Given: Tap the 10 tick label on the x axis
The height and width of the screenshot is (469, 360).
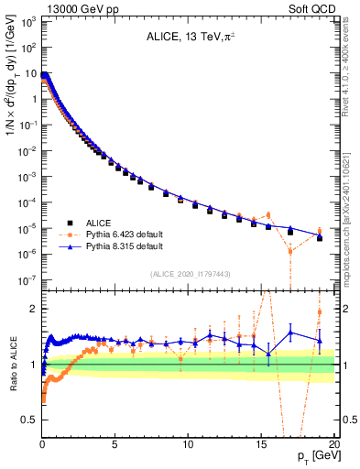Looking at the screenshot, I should click(x=189, y=444).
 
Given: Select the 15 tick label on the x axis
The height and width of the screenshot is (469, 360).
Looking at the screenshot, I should click(x=262, y=444).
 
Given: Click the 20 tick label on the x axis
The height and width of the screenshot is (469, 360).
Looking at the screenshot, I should click(x=335, y=444).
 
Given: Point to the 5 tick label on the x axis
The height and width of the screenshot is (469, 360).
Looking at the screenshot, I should click(x=115, y=444).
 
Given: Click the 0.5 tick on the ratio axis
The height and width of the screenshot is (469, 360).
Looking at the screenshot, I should click(x=28, y=420).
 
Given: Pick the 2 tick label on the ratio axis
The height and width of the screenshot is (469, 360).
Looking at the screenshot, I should click(x=33, y=309).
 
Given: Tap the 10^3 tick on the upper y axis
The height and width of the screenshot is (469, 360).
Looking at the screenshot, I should click(x=27, y=21).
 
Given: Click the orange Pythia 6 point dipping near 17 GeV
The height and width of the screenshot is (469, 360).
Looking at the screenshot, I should click(x=290, y=251).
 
